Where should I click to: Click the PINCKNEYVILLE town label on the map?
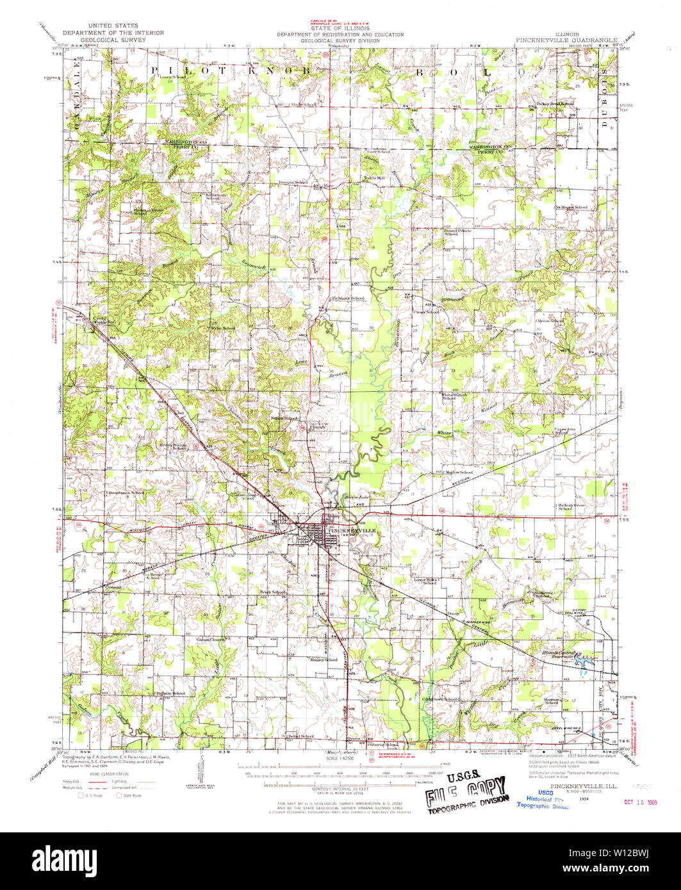click(349, 531)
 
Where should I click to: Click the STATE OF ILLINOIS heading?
click(340, 29)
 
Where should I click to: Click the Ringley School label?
click(324, 659)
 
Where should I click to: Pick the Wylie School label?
click(224, 328)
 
